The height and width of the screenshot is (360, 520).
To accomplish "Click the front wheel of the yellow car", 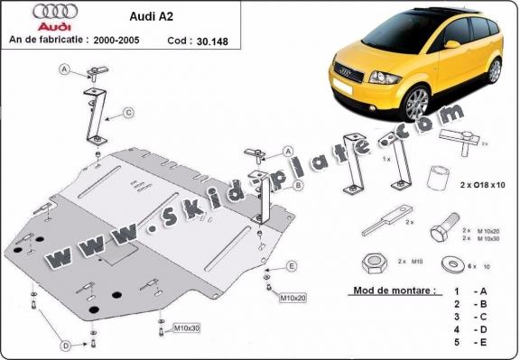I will pyautogui.click(x=414, y=104).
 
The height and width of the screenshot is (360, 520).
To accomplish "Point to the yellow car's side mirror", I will pyautogui.click(x=452, y=44).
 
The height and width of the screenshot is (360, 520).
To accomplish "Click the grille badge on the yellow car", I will pyautogui.click(x=344, y=69).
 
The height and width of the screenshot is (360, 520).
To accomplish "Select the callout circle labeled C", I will pyautogui.click(x=128, y=112).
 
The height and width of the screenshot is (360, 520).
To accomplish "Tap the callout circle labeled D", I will pyautogui.click(x=65, y=346).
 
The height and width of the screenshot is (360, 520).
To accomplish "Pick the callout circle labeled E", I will pyautogui.click(x=292, y=265).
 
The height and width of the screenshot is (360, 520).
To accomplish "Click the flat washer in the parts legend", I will pyautogui.click(x=449, y=265).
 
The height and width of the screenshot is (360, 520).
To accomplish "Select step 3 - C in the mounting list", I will pyautogui.click(x=469, y=318).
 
